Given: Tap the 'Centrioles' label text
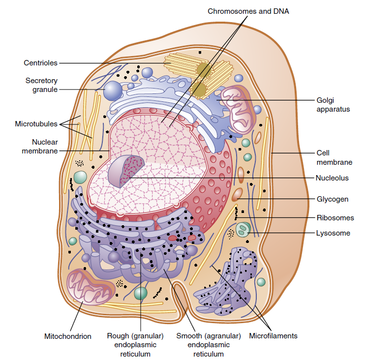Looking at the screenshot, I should tap(41, 63).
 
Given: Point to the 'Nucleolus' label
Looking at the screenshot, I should tap(333, 178).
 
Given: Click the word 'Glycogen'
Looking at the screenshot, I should tap(333, 199).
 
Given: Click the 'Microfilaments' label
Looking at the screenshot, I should tap(274, 336).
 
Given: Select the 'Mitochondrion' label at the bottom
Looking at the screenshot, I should tap(68, 336).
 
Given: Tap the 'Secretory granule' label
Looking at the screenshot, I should tap(42, 85).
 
